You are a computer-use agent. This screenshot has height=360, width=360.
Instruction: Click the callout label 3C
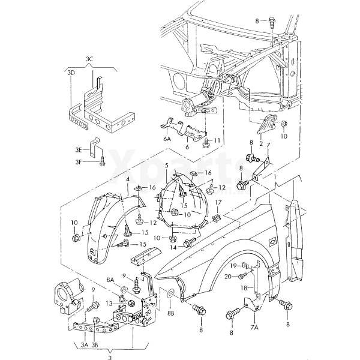point(89,59)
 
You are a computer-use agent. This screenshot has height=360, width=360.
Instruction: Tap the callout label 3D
point(71,73)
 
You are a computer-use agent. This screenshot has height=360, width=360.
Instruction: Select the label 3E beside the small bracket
point(79,150)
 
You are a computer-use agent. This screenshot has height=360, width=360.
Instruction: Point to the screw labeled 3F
point(103,161)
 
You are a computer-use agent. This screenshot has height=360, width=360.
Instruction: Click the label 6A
point(167,139)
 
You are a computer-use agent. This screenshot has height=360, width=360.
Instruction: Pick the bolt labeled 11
point(206,143)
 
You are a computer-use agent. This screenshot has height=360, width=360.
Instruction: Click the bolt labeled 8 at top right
point(272,22)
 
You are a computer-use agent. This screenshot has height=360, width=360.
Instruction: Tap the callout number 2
point(261,144)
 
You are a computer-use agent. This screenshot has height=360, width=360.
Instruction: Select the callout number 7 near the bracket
point(268,145)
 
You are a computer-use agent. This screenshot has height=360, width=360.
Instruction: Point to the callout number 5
point(166,165)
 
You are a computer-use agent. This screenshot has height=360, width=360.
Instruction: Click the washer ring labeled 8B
point(170,293)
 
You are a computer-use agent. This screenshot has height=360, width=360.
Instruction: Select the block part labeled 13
point(131,303)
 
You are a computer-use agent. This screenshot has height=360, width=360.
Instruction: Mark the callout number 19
point(233,266)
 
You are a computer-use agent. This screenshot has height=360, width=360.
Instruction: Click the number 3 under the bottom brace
point(110,358)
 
